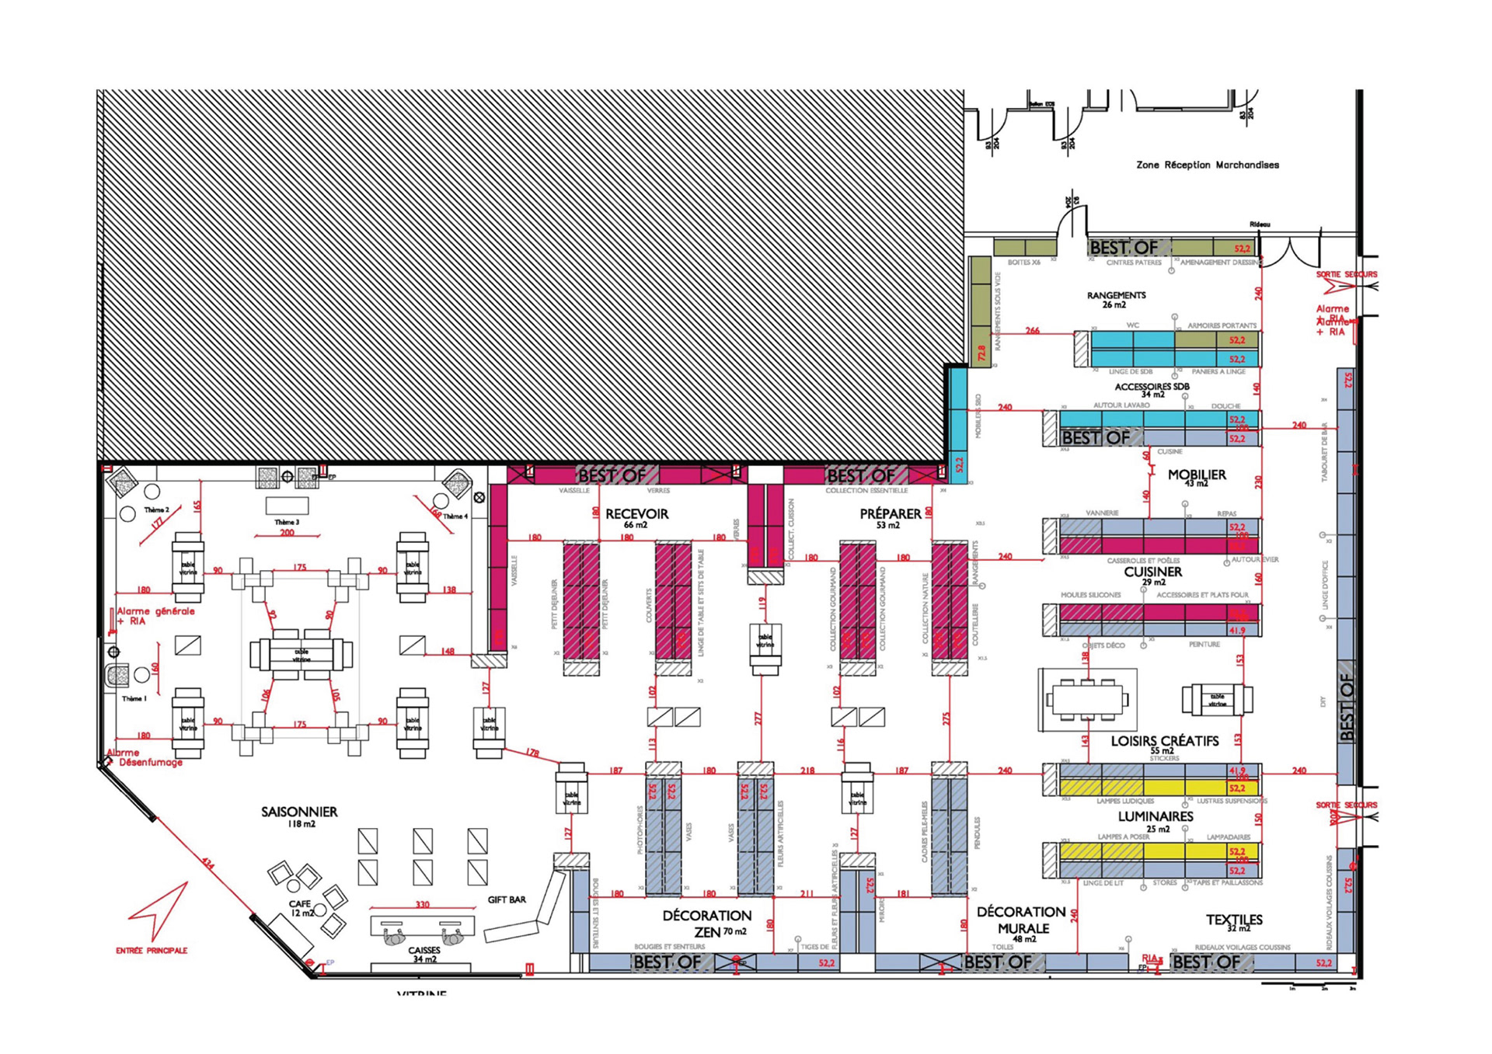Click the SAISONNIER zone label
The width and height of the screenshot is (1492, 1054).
pyautogui.click(x=299, y=812)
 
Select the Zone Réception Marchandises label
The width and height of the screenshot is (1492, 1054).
pyautogui.click(x=1207, y=165)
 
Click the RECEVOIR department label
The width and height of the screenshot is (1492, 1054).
pyautogui.click(x=636, y=514)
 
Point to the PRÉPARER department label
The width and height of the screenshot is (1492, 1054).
pyautogui.click(x=890, y=514)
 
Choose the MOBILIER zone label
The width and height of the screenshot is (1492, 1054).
pyautogui.click(x=1197, y=475)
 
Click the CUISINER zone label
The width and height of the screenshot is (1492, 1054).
pyautogui.click(x=1152, y=572)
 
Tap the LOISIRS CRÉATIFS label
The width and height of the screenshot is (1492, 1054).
pyautogui.click(x=1164, y=742)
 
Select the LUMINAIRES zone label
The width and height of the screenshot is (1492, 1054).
pyautogui.click(x=1156, y=816)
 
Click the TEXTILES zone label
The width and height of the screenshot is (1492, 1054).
pyautogui.click(x=1234, y=920)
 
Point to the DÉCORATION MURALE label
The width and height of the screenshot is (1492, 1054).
pyautogui.click(x=1022, y=920)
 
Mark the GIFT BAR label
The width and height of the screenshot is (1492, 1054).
pyautogui.click(x=507, y=899)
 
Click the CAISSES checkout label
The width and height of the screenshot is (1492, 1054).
pyautogui.click(x=424, y=950)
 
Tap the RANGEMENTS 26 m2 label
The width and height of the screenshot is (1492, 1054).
pyautogui.click(x=1116, y=296)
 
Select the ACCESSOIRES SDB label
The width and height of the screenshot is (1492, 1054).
pyautogui.click(x=1152, y=387)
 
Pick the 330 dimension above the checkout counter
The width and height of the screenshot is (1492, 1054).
pyautogui.click(x=422, y=905)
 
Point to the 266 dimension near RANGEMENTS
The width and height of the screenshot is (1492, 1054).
pyautogui.click(x=1032, y=330)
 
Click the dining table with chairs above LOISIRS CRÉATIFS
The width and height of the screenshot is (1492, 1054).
pyautogui.click(x=1087, y=699)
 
